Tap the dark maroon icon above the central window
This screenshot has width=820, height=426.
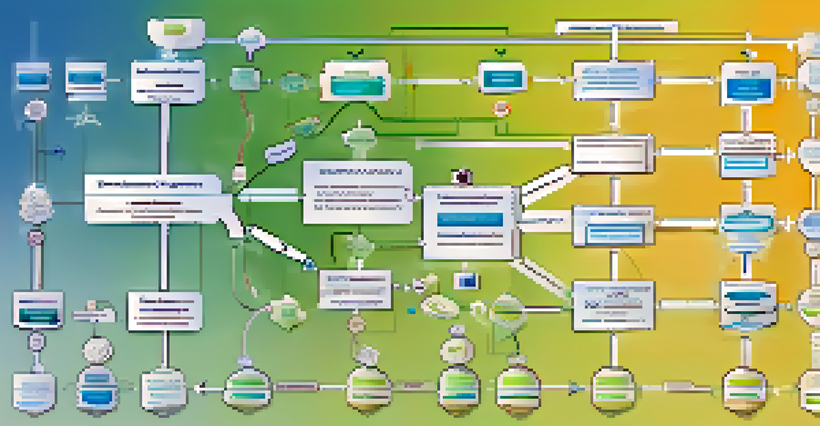[x=462, y=177]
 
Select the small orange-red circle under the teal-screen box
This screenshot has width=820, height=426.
[x=501, y=109]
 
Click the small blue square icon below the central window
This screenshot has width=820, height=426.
[x=466, y=280]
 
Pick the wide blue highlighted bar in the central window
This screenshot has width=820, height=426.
[x=469, y=219]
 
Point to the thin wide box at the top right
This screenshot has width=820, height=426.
[x=616, y=27]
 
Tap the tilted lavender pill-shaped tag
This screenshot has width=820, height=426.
[x=280, y=151]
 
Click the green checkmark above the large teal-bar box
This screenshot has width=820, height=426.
[x=355, y=53]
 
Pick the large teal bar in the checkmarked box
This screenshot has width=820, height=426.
[x=357, y=85]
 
